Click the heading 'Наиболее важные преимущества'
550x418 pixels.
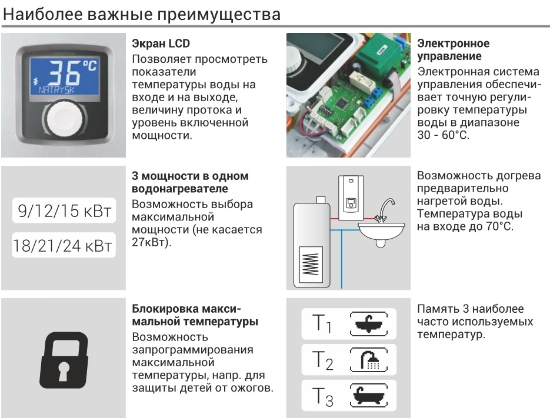(142, 14)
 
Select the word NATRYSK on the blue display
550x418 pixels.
(56, 90)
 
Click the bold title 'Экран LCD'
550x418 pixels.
(161, 44)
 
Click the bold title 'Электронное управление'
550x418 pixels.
(453, 49)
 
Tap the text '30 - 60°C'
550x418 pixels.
(443, 135)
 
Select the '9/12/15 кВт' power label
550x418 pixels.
(65, 210)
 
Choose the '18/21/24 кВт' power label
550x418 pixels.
(63, 246)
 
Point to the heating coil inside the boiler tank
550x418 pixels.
(311, 264)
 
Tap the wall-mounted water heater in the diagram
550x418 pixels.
(351, 198)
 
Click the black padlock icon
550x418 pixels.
(64, 360)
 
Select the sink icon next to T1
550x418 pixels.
(369, 324)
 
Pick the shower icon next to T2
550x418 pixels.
(369, 360)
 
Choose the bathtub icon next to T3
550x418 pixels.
(369, 396)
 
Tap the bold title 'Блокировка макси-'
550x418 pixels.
(186, 309)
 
